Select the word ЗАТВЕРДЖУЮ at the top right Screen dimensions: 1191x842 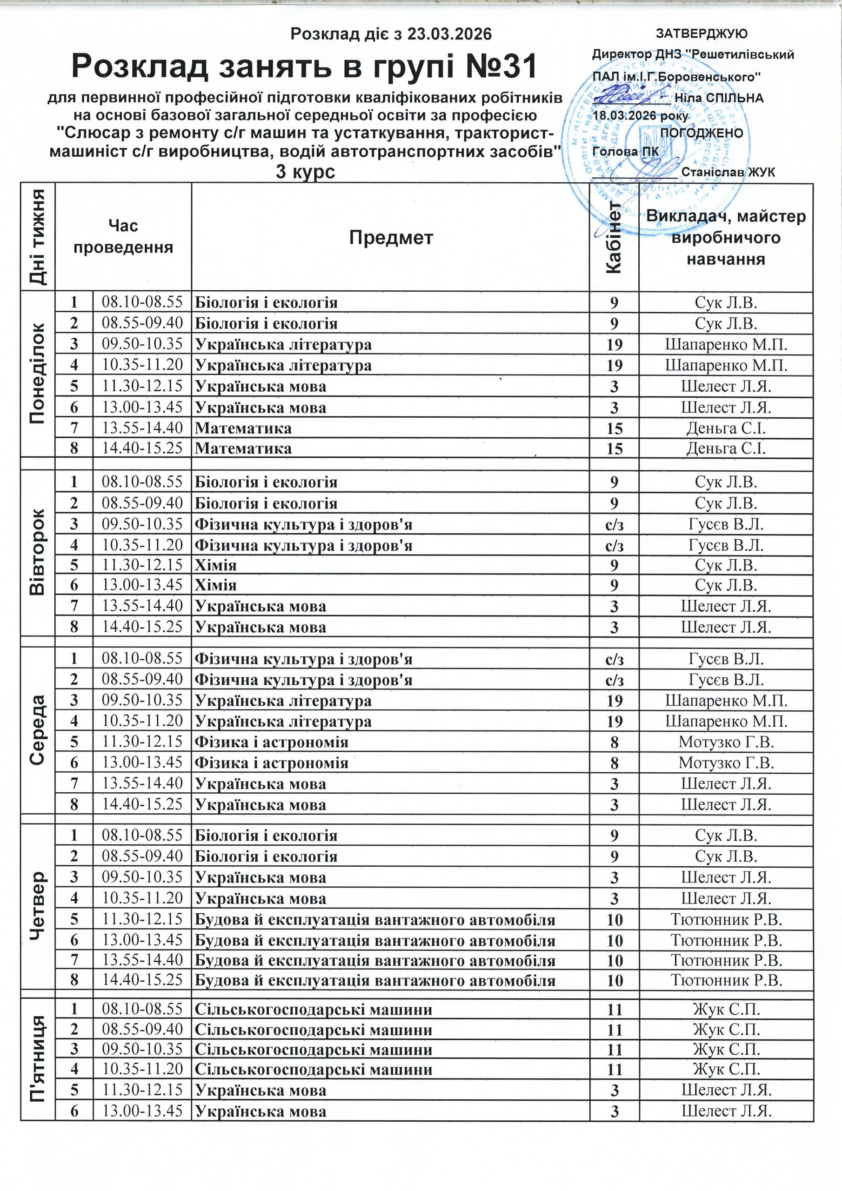coord(702,34)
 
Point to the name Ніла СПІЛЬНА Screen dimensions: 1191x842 coord(719,98)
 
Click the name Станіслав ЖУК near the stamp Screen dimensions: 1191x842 coord(728,172)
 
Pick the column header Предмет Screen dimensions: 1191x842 coord(390,238)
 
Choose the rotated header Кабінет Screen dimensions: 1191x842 coord(614,238)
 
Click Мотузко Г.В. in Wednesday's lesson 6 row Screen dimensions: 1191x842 coord(726,763)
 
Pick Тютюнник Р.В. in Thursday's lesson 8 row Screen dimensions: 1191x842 coord(726,980)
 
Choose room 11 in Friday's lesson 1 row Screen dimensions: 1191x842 coord(614,1010)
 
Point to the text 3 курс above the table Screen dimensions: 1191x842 coord(305,172)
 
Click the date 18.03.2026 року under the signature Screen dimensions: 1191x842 coord(641,116)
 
